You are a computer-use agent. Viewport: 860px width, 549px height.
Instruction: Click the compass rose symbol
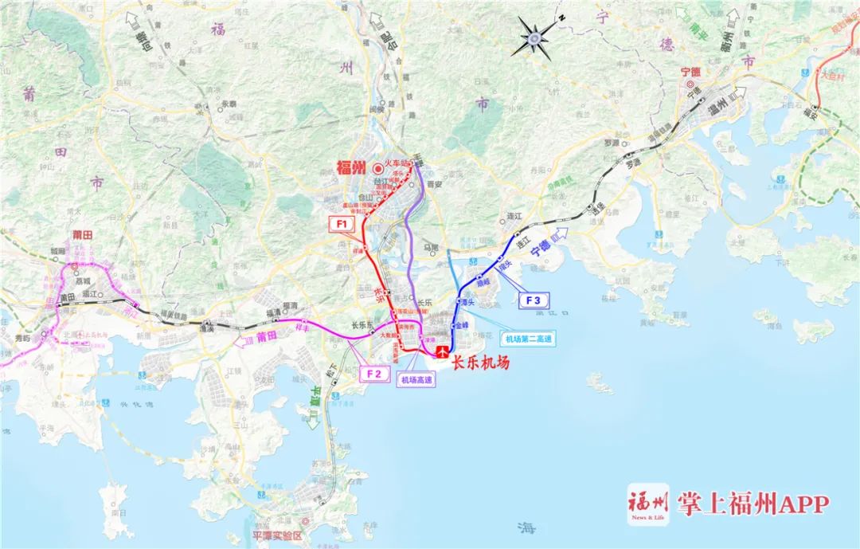click(535, 37)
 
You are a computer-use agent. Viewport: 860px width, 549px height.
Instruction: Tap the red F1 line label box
click(343, 225)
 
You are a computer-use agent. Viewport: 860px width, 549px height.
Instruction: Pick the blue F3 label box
click(534, 300)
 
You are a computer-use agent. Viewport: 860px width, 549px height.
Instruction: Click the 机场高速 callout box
click(417, 381)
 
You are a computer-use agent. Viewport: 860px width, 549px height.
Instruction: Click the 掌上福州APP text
click(753, 504)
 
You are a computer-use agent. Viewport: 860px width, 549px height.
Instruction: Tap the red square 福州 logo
click(647, 504)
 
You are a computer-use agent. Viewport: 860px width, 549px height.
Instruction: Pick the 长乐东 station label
click(363, 324)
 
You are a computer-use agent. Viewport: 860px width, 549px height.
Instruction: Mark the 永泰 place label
click(229, 104)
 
